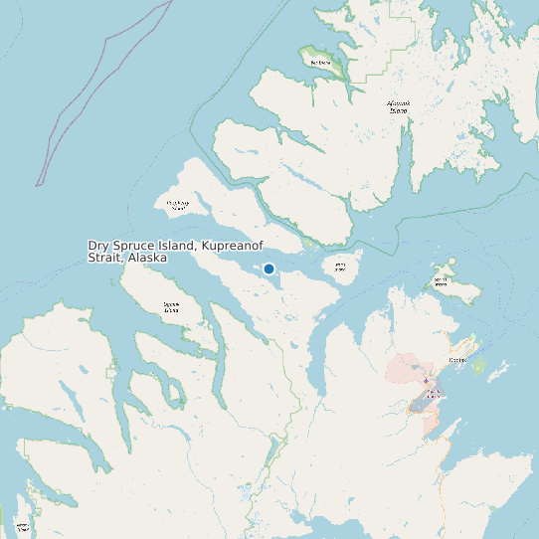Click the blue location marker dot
tap(269, 269)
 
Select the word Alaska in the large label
tap(145, 258)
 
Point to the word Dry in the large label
tap(98, 246)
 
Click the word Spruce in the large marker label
tap(134, 246)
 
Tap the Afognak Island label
tap(398, 105)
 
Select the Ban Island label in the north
tap(320, 63)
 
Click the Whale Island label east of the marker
tap(340, 267)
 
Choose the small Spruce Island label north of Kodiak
tap(441, 281)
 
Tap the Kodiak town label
tap(458, 360)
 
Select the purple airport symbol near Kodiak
tap(426, 381)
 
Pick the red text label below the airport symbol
tap(430, 395)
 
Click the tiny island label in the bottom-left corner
tap(22, 526)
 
